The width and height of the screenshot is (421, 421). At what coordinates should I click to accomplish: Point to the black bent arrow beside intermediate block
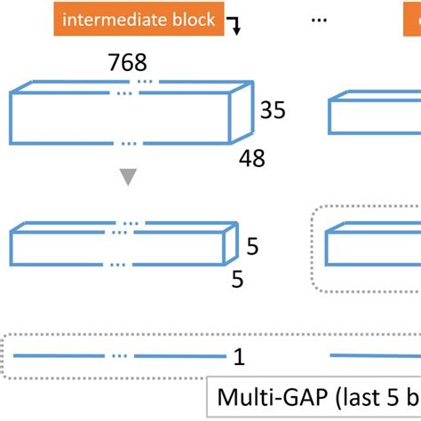click(235, 26)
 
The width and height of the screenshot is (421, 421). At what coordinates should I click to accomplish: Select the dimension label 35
click(273, 110)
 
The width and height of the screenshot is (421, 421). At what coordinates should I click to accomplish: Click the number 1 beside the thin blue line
click(239, 357)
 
